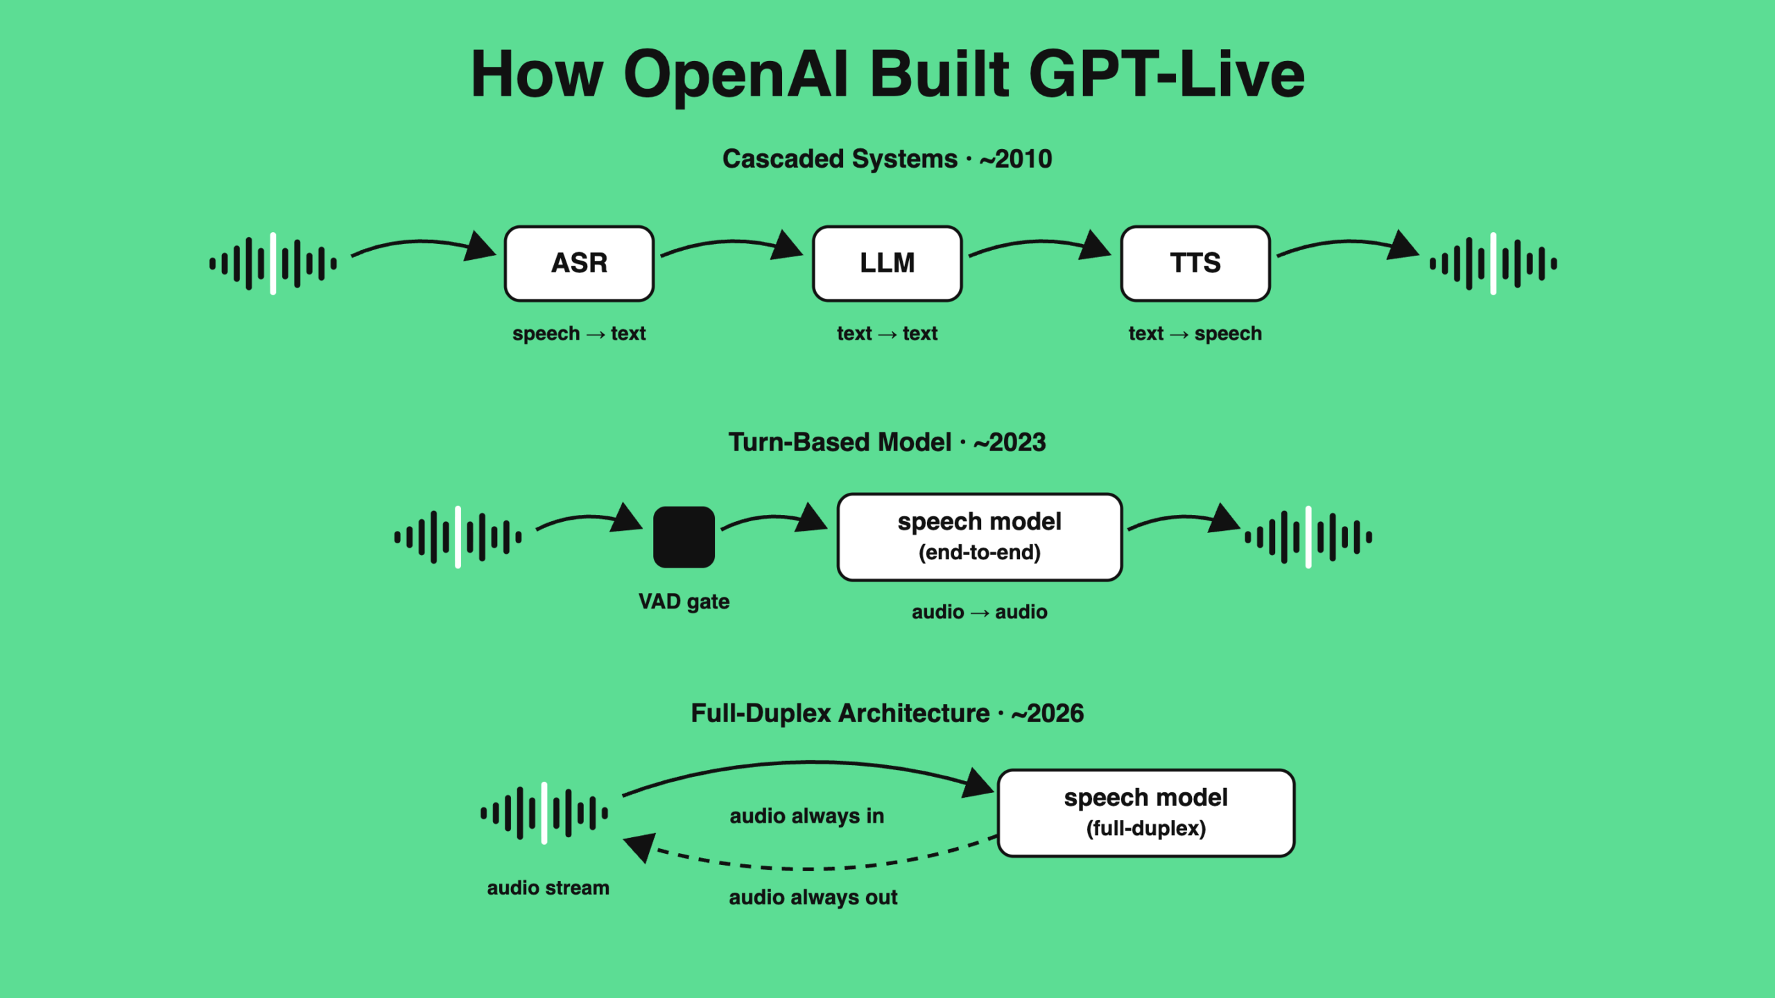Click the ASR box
[x=579, y=263]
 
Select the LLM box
[x=887, y=263]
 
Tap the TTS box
[x=1195, y=263]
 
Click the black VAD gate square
[x=684, y=537]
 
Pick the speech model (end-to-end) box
[x=979, y=537]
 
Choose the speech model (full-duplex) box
[x=1145, y=813]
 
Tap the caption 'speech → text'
[x=579, y=333]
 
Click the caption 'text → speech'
[x=1195, y=333]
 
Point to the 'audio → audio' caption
[x=979, y=612]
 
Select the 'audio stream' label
[x=548, y=888]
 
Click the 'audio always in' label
[x=807, y=816]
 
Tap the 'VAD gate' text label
[x=684, y=602]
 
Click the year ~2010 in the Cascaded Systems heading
[x=1016, y=159]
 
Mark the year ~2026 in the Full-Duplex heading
[x=1047, y=714]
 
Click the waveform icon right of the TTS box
[x=1493, y=263]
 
